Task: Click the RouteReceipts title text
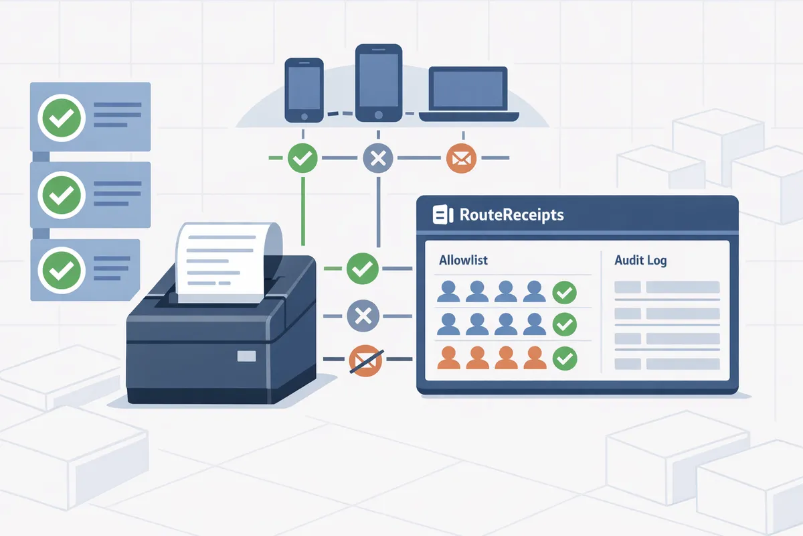[x=511, y=214]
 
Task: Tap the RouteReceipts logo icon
[x=443, y=214]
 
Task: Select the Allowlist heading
[x=463, y=260]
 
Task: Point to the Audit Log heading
[x=640, y=260]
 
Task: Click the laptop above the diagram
[x=469, y=94]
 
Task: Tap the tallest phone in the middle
[x=379, y=83]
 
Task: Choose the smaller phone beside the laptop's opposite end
[x=304, y=90]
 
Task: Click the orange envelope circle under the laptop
[x=461, y=158]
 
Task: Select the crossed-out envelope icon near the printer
[x=365, y=360]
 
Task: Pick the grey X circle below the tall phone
[x=378, y=158]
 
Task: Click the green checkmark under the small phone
[x=302, y=158]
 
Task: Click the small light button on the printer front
[x=247, y=356]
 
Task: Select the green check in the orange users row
[x=565, y=358]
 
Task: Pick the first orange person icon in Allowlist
[x=448, y=358]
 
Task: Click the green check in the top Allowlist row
[x=565, y=293]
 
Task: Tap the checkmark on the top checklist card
[x=62, y=118]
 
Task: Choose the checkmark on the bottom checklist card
[x=62, y=270]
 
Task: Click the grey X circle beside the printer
[x=363, y=316]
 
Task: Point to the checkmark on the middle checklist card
[x=62, y=195]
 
